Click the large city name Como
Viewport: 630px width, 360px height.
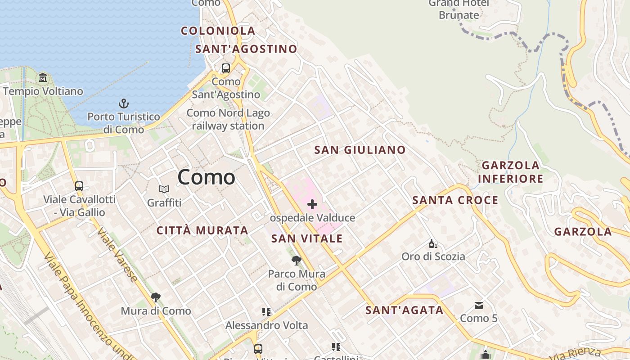pos(206,177)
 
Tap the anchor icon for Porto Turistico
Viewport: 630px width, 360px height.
pos(124,103)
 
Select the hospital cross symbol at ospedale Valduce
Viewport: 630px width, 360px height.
pos(312,205)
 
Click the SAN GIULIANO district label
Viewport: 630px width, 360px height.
pos(360,150)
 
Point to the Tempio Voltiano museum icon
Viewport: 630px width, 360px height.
pos(43,78)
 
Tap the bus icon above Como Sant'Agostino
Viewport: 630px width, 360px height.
pos(226,68)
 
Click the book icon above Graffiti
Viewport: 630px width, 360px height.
pos(164,189)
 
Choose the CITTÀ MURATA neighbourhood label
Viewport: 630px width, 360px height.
pos(202,230)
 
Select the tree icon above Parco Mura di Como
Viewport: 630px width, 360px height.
pos(296,260)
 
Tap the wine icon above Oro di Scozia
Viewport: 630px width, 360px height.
pos(433,244)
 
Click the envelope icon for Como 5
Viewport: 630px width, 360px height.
pos(478,306)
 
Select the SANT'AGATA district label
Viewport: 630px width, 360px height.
pos(404,310)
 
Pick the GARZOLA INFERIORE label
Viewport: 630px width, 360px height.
pos(510,172)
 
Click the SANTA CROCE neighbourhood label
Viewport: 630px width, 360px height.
pos(455,200)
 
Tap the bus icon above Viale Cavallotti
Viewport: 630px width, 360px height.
pos(79,186)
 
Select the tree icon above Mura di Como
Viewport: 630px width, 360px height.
pos(156,297)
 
